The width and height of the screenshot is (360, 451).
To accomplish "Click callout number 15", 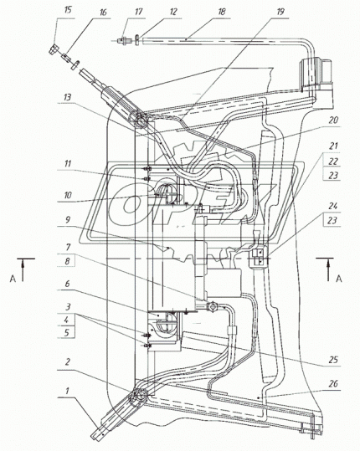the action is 68,10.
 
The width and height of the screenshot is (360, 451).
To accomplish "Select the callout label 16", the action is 103,13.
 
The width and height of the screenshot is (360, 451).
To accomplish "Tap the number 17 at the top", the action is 139,12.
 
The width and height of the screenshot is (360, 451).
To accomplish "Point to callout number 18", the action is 222,12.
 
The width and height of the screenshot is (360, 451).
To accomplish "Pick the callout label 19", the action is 280,12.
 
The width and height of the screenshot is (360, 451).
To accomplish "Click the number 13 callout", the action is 67,97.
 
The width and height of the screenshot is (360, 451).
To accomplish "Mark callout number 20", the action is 333,120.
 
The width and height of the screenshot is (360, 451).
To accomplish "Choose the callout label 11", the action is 68,164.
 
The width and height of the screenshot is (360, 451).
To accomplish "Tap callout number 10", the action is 68,196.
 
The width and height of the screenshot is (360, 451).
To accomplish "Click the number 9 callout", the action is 68,220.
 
